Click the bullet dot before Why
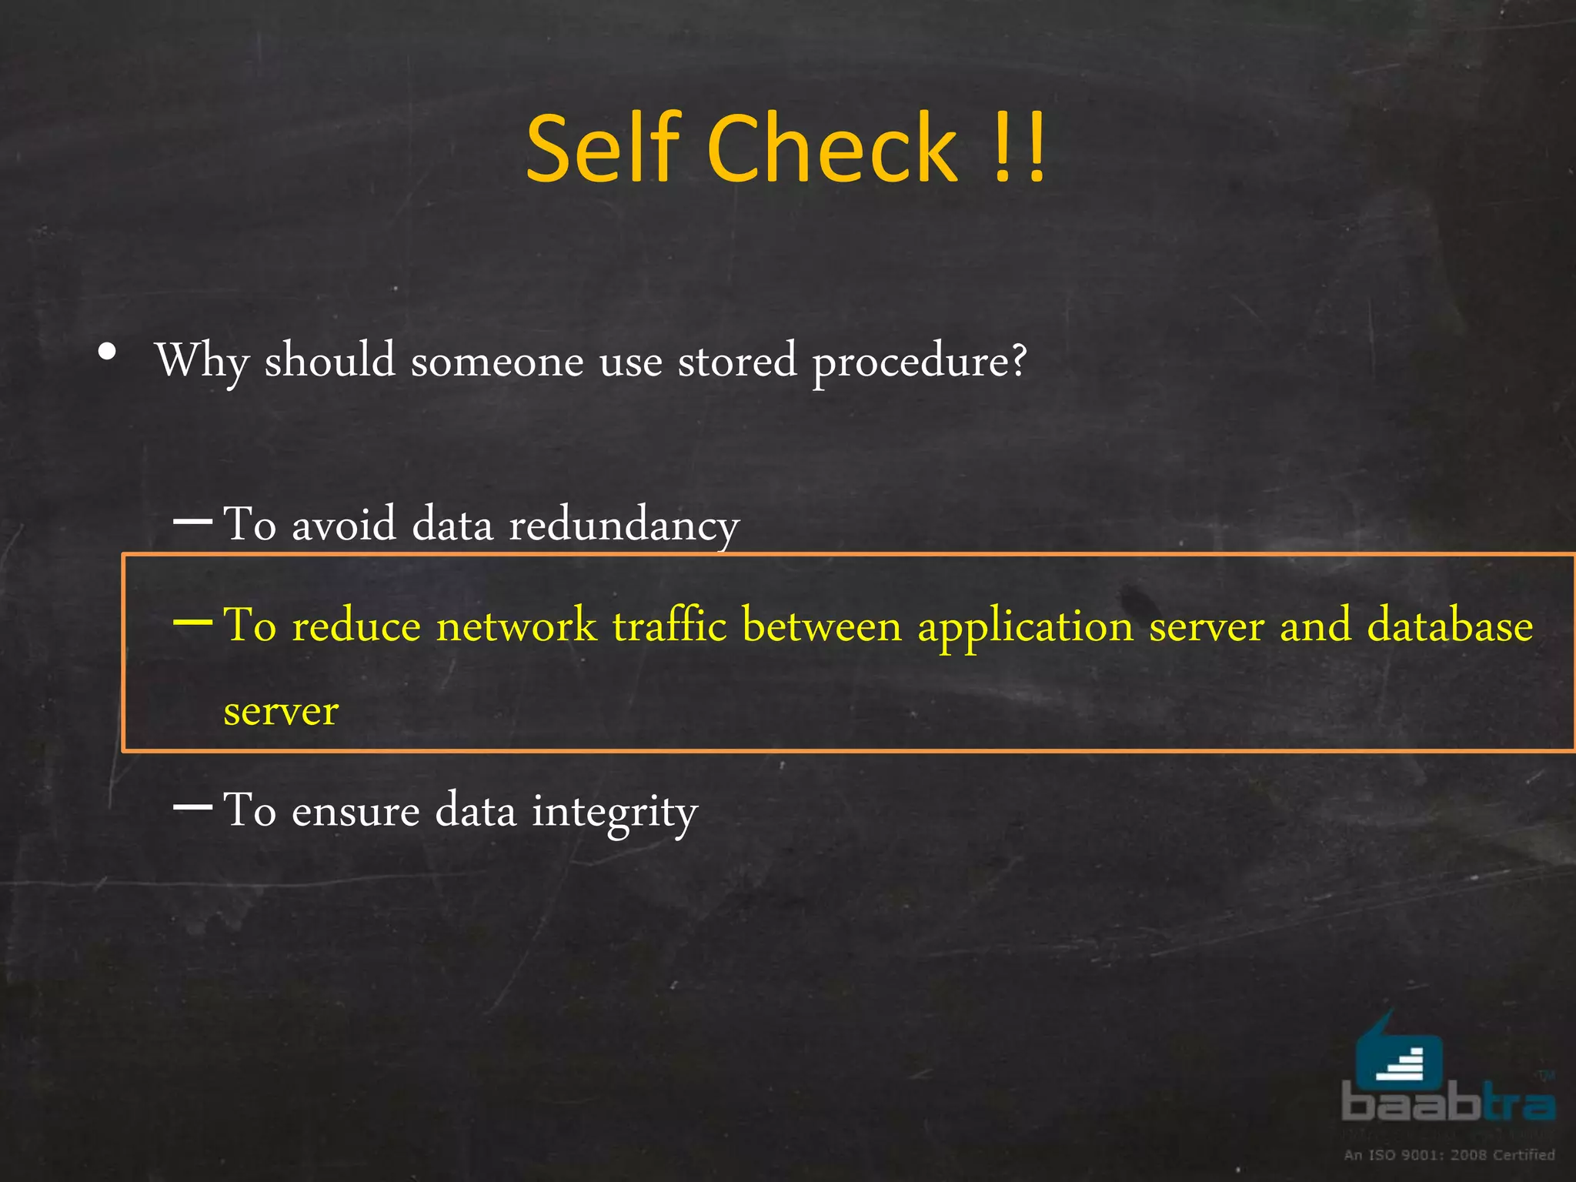coord(108,352)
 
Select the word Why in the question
coord(202,360)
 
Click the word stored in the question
coord(736,360)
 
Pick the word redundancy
coord(624,526)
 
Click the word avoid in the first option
coord(344,525)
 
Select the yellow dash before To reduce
coord(193,621)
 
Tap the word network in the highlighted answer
coord(516,625)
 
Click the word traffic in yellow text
coord(669,625)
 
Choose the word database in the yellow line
coord(1450,625)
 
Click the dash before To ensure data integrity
coord(193,806)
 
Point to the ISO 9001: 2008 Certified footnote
coord(1449,1154)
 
